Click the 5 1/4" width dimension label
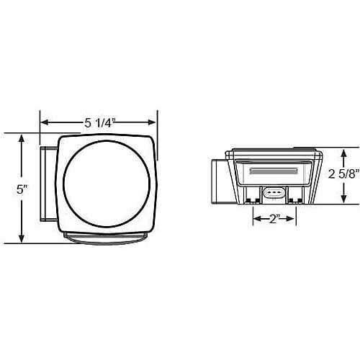pos(99,123)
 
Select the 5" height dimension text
pos(22,189)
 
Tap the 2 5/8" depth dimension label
pos(343,174)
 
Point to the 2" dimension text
pos(274,219)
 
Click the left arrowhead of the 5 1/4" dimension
pos(45,122)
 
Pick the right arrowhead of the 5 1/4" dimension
pos(152,122)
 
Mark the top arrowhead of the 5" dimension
pos(22,139)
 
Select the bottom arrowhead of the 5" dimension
pos(22,238)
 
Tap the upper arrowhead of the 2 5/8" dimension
pos(343,153)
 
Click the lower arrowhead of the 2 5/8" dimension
pos(343,198)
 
